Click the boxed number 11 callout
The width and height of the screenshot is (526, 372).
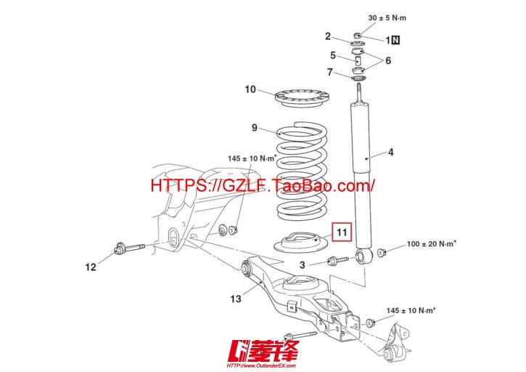pos(342,232)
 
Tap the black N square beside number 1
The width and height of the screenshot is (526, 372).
pos(396,40)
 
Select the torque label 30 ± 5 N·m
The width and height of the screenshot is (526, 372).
pos(387,18)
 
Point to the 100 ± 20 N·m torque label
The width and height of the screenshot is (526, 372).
pos(432,243)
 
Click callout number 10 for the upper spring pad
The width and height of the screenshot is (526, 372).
pos(250,89)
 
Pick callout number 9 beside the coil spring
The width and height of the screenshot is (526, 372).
pos(255,128)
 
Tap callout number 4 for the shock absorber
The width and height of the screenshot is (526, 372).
pos(390,153)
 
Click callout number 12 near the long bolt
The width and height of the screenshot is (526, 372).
pos(91,267)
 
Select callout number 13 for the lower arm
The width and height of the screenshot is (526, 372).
pos(236,299)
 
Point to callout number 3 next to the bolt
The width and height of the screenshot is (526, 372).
pos(303,264)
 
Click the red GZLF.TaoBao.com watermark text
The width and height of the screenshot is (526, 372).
pos(263,185)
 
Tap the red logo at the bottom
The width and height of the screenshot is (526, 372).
pos(263,353)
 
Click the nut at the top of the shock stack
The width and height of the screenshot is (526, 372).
pos(358,35)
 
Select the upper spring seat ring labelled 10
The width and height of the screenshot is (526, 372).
pos(302,99)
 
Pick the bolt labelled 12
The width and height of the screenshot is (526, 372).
pos(129,248)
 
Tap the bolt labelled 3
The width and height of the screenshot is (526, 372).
pos(338,260)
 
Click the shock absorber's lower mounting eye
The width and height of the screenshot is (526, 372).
pos(363,256)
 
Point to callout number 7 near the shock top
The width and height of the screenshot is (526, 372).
pos(330,72)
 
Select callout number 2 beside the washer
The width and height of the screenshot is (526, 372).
pos(328,36)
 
